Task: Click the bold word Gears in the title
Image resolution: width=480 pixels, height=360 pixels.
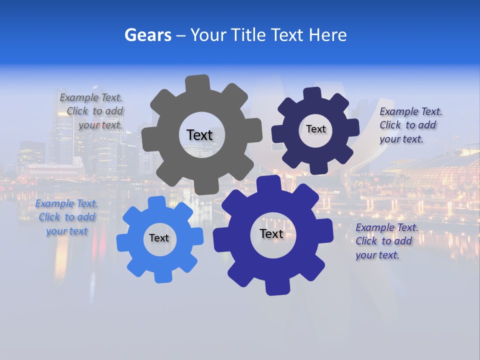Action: [x=147, y=35]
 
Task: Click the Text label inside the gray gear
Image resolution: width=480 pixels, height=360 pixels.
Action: [x=199, y=135]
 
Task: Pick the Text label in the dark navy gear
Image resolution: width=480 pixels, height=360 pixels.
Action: [x=315, y=129]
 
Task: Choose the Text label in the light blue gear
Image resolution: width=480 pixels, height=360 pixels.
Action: [x=159, y=238]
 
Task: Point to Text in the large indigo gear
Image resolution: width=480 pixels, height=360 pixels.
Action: [x=271, y=234]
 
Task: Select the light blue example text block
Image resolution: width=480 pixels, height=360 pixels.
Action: [x=66, y=217]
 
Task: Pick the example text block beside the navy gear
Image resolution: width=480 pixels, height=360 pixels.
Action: [x=410, y=125]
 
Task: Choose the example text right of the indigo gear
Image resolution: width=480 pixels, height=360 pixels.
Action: [x=386, y=241]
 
